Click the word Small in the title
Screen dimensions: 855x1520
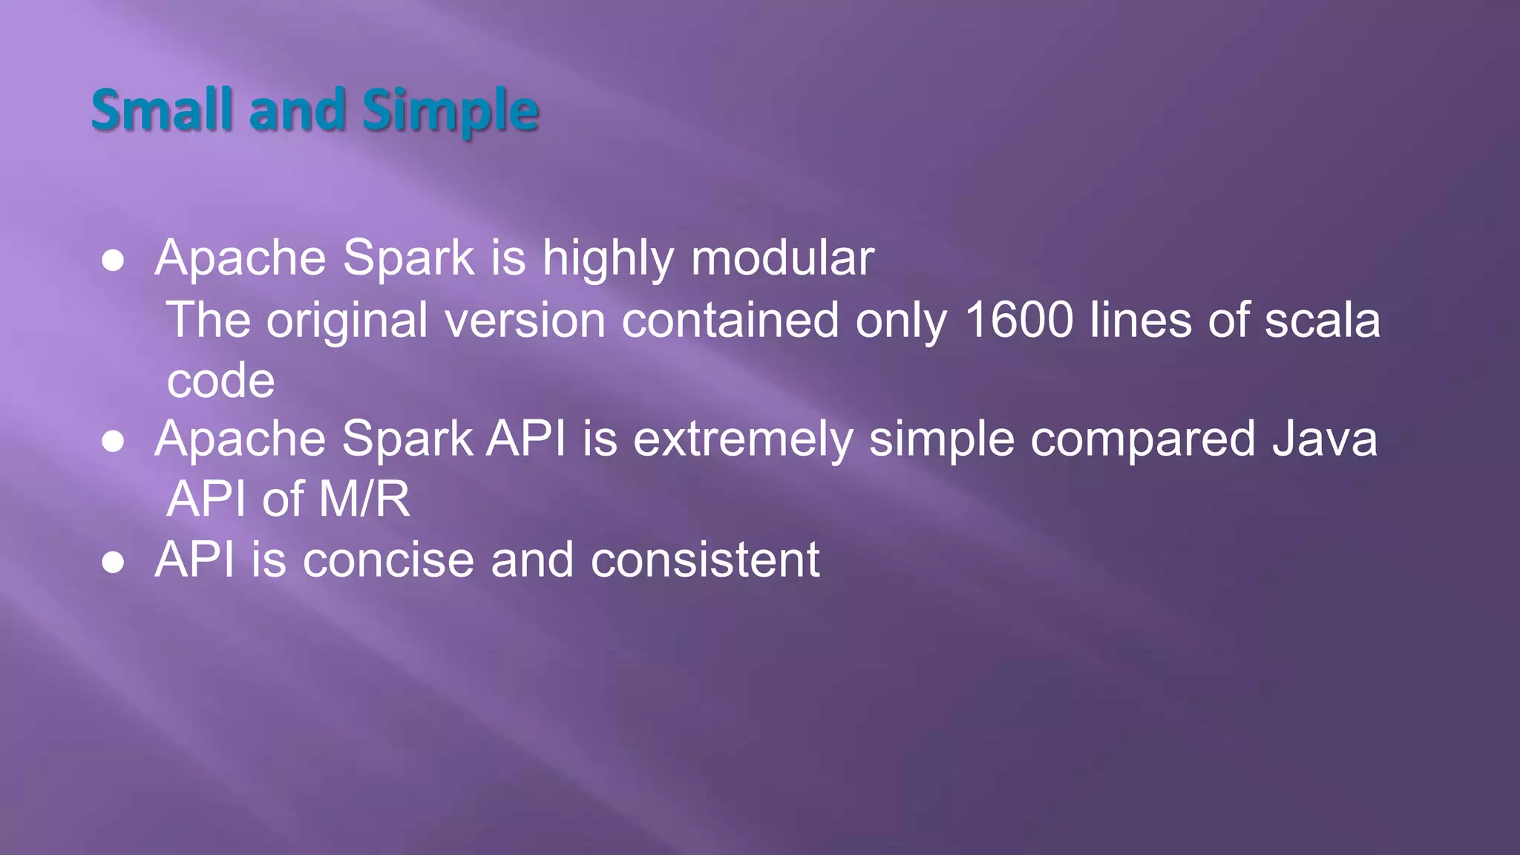click(x=162, y=110)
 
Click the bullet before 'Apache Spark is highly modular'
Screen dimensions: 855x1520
click(x=113, y=261)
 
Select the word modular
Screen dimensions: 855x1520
click(x=782, y=258)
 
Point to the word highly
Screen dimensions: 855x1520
click(x=608, y=260)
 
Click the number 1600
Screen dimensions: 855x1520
click(x=1018, y=320)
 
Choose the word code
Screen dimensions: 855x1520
click(x=220, y=380)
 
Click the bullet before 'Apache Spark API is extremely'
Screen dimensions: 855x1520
click(x=113, y=441)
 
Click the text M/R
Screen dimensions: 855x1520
click(x=364, y=499)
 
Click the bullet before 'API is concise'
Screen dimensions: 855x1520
click(x=113, y=562)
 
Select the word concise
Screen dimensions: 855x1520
click(x=388, y=560)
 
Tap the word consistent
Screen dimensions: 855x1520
click(x=704, y=560)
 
